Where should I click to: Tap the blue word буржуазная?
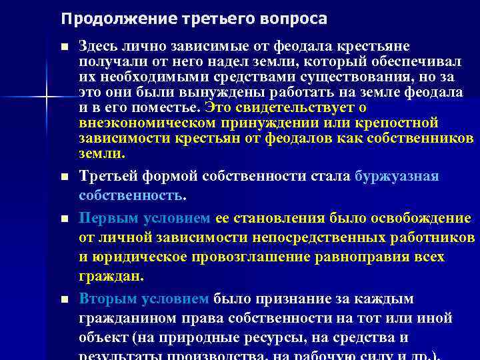(397, 177)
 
